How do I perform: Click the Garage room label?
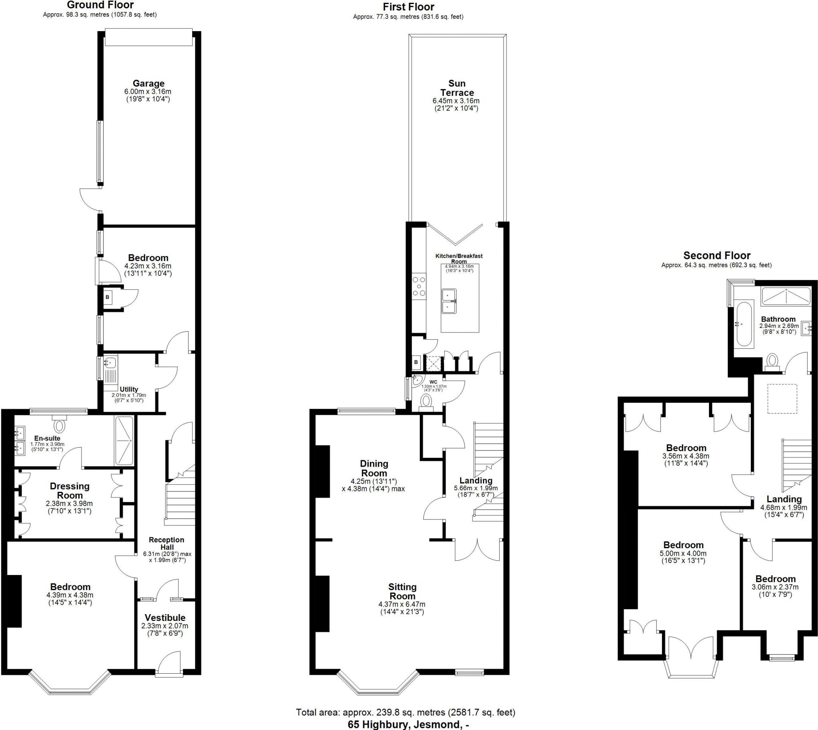tap(148, 84)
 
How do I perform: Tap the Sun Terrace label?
tap(457, 88)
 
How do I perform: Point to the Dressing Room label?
tap(69, 491)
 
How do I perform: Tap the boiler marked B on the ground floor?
tap(107, 297)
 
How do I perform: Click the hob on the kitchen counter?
tap(419, 286)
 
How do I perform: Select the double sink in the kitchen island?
tap(449, 301)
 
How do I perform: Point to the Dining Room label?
tap(374, 468)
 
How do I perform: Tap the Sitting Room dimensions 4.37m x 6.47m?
tap(402, 604)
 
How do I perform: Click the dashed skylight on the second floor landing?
tap(782, 398)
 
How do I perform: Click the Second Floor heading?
tap(717, 255)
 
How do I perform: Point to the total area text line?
tap(405, 712)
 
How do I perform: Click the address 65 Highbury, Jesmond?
tap(408, 724)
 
